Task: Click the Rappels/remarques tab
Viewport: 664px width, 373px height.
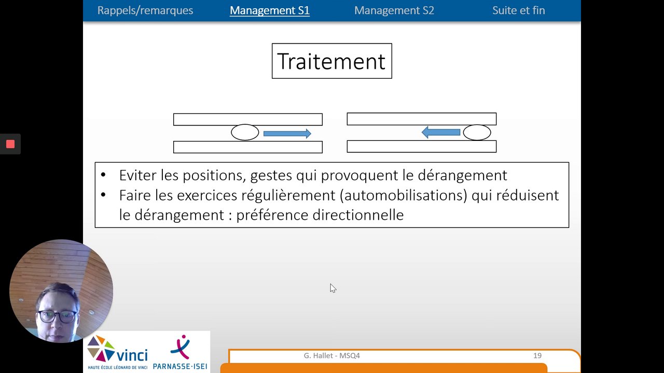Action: [145, 10]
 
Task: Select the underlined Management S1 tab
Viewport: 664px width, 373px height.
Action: [270, 10]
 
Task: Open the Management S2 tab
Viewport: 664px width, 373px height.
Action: [394, 10]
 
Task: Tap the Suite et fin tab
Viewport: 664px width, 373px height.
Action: [518, 10]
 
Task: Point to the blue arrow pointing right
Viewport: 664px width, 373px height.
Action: [287, 134]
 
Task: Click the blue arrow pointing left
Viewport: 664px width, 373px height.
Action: [441, 132]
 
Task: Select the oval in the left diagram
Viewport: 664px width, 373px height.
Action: [245, 132]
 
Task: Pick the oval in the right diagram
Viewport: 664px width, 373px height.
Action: [477, 132]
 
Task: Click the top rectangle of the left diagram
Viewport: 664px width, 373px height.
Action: [248, 120]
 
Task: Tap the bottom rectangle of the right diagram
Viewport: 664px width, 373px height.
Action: [422, 147]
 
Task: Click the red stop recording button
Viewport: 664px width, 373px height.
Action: [10, 144]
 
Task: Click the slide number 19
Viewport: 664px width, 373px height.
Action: [537, 355]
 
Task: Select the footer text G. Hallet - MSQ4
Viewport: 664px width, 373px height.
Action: [331, 355]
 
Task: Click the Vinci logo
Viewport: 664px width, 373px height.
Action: [117, 352]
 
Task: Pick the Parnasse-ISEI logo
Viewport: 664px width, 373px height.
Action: [180, 352]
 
